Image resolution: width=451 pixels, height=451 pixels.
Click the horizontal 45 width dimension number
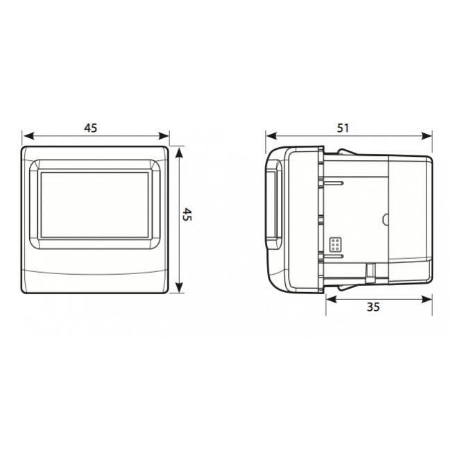pyautogui.click(x=90, y=128)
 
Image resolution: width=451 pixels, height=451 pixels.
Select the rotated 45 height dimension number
pyautogui.click(x=187, y=215)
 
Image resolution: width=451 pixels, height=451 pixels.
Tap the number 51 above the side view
pyautogui.click(x=342, y=128)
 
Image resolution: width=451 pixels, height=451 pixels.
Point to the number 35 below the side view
pyautogui.click(x=373, y=308)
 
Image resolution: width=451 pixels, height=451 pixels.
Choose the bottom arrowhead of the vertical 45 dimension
pyautogui.click(x=179, y=291)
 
